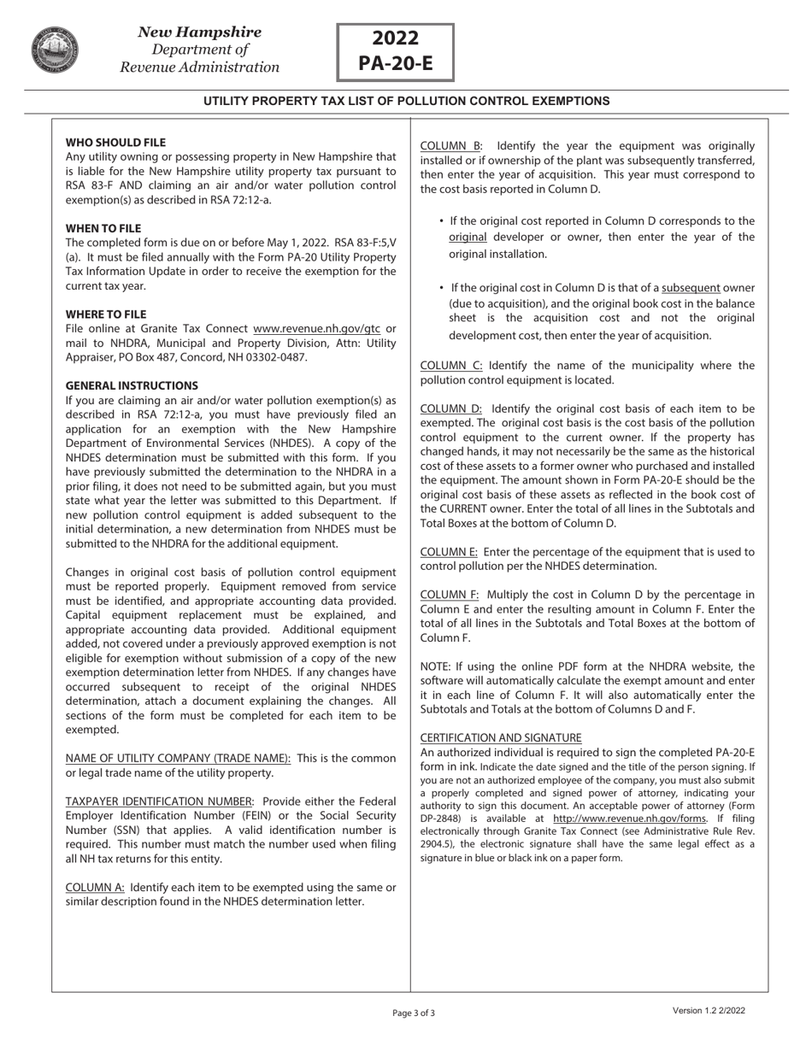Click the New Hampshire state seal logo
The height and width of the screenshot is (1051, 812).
pyautogui.click(x=56, y=50)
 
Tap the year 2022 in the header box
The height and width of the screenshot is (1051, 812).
pyautogui.click(x=395, y=38)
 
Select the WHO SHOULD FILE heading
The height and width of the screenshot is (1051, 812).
pyautogui.click(x=115, y=143)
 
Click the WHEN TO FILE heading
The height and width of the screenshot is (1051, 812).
pyautogui.click(x=103, y=228)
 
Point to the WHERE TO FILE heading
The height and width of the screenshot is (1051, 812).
pyautogui.click(x=106, y=314)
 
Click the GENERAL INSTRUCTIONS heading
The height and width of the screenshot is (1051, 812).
pyautogui.click(x=132, y=385)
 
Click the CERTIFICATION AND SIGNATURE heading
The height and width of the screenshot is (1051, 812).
pyautogui.click(x=501, y=737)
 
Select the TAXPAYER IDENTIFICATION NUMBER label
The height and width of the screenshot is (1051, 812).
pyautogui.click(x=159, y=801)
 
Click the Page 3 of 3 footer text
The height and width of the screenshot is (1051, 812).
pyautogui.click(x=414, y=1013)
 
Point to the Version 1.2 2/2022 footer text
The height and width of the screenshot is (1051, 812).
pyautogui.click(x=709, y=1011)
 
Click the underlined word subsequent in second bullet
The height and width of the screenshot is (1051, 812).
pyautogui.click(x=691, y=288)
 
